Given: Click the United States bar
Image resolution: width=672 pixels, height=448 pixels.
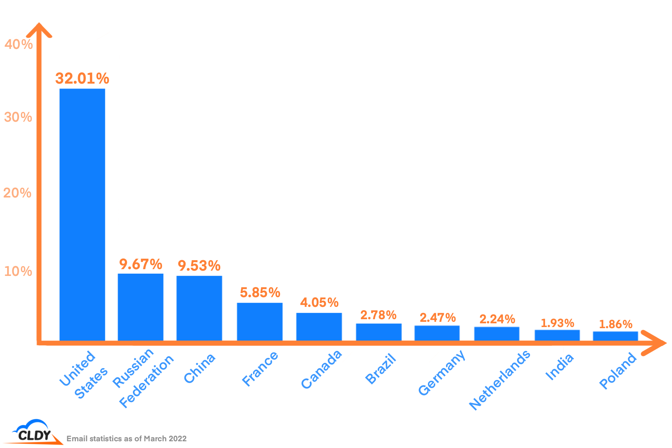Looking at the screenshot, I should pos(82,215).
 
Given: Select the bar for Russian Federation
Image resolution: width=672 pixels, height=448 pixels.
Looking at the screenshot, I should pos(140,307).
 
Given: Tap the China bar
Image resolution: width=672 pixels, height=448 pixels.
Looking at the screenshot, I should pos(199,308).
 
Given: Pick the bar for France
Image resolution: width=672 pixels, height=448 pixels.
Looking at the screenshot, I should pos(260,321).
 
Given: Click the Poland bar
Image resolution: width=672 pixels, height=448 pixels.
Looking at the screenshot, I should pos(615,336).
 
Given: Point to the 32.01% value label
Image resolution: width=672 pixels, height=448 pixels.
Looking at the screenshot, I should pos(82,78).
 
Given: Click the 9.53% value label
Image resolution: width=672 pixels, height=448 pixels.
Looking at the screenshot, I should pos(199,266).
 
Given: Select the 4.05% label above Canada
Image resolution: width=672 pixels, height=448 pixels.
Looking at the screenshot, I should pos(319,302).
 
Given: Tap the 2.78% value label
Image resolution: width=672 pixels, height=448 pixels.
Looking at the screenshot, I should pos(378,315).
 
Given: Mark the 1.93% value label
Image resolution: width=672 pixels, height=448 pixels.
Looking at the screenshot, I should pos(557,323).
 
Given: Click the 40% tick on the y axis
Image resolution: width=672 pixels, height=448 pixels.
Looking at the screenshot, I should pos(18,44).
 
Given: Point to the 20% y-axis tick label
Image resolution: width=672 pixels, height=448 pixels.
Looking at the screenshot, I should pos(17,193).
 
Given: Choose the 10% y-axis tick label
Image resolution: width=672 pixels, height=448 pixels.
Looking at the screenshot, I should pos(18,271).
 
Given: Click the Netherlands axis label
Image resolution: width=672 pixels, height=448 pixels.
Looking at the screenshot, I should pos(500,380).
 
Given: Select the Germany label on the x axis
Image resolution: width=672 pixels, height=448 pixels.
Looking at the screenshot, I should pos(442,372).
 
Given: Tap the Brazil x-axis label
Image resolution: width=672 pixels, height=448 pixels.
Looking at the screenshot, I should pos(380,369).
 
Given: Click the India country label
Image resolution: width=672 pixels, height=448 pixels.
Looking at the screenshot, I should pos(559,367).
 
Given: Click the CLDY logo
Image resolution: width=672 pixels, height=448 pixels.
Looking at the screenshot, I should pos(33,432).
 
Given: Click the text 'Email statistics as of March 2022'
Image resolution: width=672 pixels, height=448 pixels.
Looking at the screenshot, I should pos(127,439).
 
